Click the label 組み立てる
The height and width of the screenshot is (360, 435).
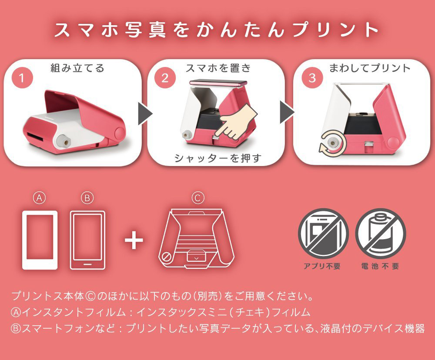click(77, 68)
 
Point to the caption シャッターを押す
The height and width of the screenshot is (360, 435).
click(218, 158)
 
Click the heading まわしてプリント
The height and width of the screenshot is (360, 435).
click(370, 68)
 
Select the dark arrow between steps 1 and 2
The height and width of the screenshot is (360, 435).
click(145, 113)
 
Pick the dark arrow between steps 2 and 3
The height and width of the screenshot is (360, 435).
click(288, 112)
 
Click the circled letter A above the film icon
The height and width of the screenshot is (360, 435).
click(39, 198)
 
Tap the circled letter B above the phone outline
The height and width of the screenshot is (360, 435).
click(87, 198)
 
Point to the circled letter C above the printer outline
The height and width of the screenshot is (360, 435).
click(198, 198)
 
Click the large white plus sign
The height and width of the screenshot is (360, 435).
click(134, 240)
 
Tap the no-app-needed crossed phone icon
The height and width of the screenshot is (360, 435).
click(323, 233)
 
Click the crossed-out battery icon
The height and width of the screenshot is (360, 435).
click(380, 233)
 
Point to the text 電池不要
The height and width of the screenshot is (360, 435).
click(380, 266)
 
